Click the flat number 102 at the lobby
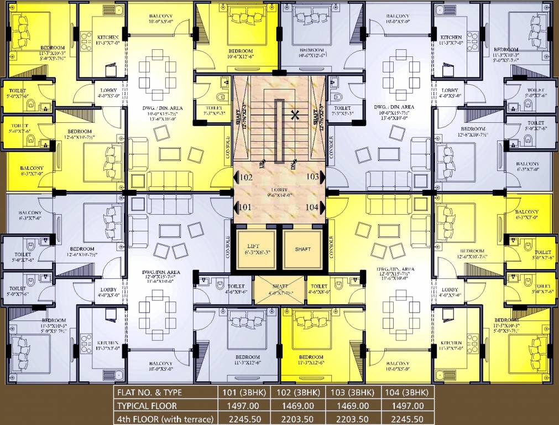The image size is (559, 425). [x=246, y=178]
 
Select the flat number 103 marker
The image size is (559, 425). [x=313, y=177]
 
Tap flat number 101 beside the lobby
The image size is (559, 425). [x=246, y=207]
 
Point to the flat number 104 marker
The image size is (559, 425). [x=313, y=207]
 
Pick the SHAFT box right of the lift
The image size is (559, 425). [x=302, y=250]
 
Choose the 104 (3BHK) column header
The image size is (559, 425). [x=407, y=392]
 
